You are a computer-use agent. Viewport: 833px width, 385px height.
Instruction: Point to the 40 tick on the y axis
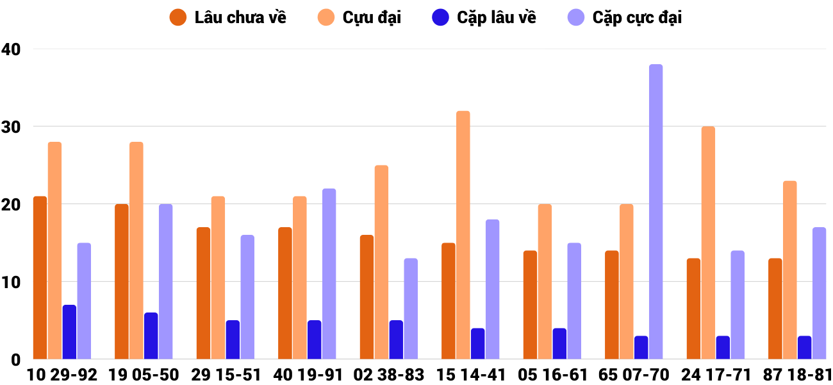(x=11, y=49)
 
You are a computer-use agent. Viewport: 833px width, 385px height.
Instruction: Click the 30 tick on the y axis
(x=11, y=126)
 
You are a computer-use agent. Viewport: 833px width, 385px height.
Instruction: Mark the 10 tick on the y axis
(x=11, y=282)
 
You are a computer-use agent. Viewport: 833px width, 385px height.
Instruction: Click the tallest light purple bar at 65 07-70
(x=656, y=212)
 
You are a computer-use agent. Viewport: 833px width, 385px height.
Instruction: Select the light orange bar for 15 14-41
(x=463, y=235)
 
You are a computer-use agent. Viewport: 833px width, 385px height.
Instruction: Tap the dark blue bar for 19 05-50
(x=151, y=336)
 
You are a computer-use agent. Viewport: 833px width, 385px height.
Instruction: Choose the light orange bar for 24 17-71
(x=708, y=243)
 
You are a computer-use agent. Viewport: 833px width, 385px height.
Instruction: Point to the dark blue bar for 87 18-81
(x=804, y=347)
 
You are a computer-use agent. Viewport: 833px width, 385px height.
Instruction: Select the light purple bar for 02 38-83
(x=411, y=309)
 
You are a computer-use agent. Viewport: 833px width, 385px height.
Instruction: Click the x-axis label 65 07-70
(x=634, y=375)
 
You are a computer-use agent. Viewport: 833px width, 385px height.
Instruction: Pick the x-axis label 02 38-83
(x=389, y=375)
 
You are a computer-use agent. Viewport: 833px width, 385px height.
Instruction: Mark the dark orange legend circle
(x=178, y=17)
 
